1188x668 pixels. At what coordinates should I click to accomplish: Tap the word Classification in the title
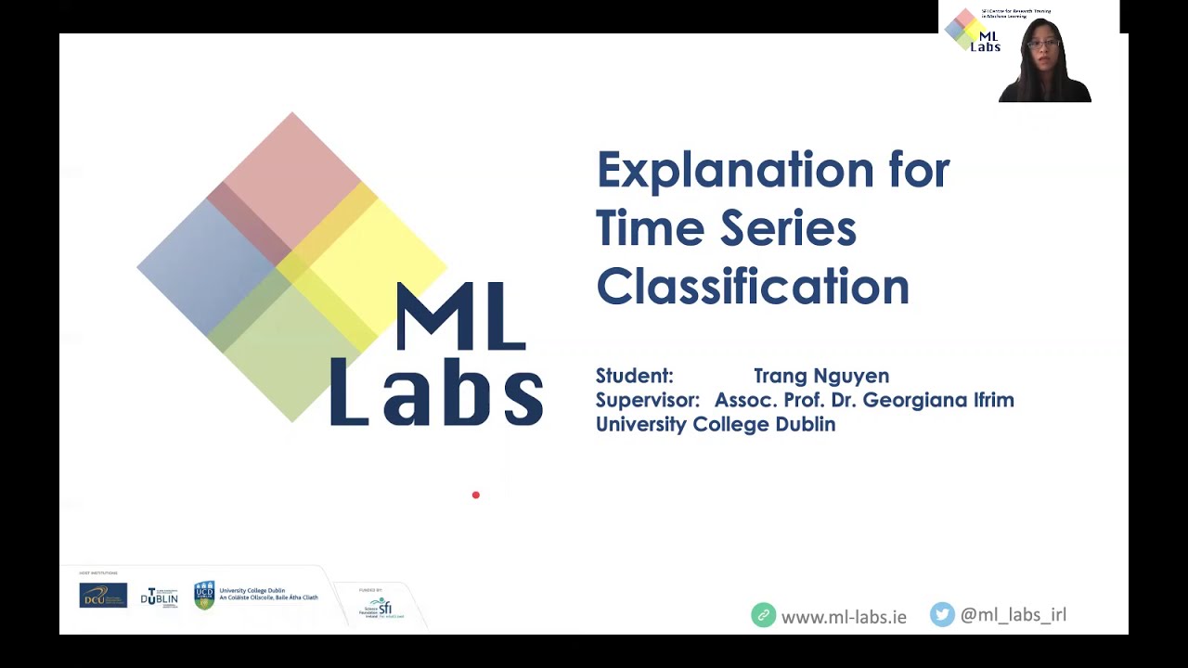tap(753, 287)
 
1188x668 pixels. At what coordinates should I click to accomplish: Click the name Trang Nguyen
tap(821, 376)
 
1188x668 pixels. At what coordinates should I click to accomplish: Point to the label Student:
tap(634, 376)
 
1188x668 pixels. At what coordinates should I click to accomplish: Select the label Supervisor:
tap(647, 400)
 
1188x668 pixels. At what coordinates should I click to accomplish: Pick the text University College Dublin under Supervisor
tap(716, 424)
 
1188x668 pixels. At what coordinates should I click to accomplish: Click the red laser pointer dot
tap(476, 495)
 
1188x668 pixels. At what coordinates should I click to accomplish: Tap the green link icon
tap(763, 615)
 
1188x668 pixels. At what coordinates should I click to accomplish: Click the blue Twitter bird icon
tap(942, 614)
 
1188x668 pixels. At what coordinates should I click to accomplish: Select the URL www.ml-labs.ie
tap(844, 617)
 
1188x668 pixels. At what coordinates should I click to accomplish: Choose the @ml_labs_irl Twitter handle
tap(1014, 614)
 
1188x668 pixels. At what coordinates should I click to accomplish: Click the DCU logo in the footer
tap(103, 596)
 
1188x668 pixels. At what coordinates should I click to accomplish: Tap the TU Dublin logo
tap(160, 597)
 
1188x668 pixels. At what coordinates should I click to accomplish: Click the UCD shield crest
tap(204, 596)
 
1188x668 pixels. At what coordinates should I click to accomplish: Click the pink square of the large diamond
tap(292, 176)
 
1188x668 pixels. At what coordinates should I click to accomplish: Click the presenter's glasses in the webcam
tap(1042, 44)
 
